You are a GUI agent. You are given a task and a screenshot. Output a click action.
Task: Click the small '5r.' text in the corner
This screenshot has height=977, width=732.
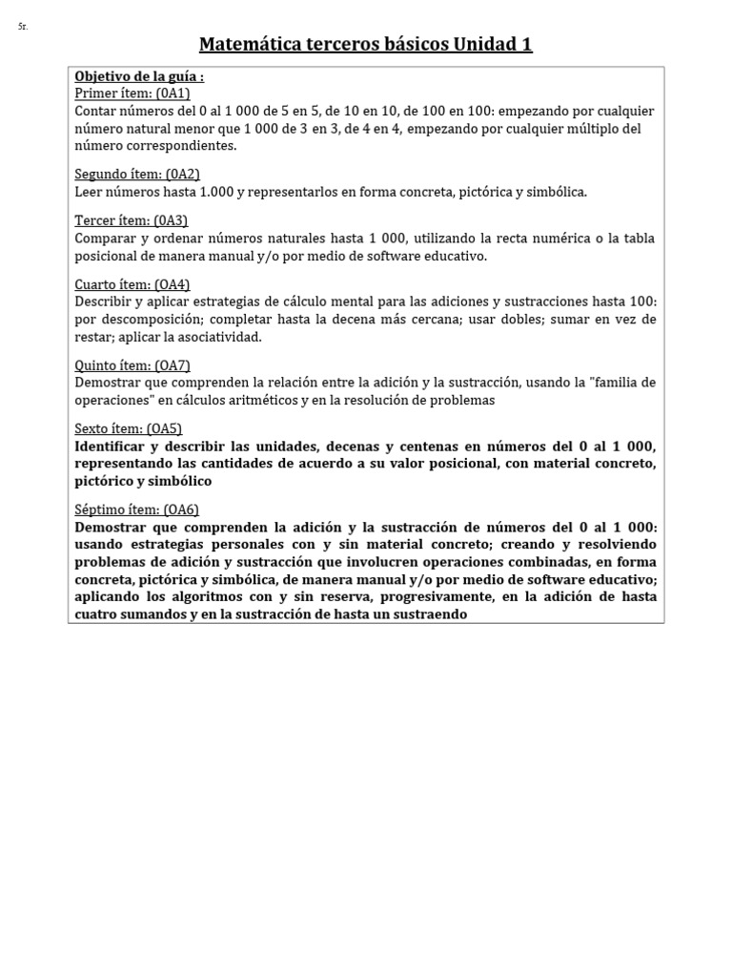(x=23, y=26)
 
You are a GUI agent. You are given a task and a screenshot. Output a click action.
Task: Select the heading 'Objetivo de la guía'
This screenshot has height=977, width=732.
(x=139, y=76)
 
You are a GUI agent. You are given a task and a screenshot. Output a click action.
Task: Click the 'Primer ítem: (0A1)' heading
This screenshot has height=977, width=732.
(x=132, y=93)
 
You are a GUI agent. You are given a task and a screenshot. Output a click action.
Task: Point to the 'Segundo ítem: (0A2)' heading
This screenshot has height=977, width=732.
(x=137, y=174)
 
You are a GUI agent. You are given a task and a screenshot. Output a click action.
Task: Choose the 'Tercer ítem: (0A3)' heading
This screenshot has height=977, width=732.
(x=132, y=220)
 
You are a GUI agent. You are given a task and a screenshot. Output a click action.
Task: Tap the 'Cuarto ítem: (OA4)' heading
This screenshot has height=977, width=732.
(x=132, y=284)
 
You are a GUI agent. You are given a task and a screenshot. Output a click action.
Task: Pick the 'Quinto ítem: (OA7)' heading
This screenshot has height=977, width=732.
(x=134, y=365)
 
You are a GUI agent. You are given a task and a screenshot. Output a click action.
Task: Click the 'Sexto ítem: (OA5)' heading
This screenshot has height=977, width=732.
(x=129, y=429)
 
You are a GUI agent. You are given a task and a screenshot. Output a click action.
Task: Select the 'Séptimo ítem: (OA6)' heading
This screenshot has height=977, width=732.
(x=136, y=509)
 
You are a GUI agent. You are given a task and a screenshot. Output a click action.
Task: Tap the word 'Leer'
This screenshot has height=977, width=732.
(x=88, y=192)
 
